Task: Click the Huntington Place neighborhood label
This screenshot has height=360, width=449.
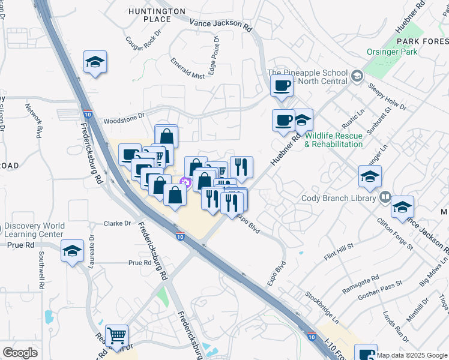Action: (x=157, y=15)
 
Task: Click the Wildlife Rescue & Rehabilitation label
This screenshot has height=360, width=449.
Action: (x=334, y=140)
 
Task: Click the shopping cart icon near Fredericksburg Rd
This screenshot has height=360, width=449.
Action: (x=116, y=335)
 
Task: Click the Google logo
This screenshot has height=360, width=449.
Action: (x=20, y=352)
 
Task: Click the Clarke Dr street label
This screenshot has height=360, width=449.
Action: (x=118, y=223)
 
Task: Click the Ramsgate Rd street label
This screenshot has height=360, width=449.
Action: (x=360, y=283)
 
